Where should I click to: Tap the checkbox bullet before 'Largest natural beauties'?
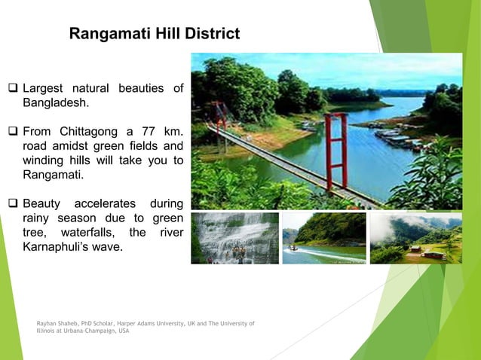(14, 89)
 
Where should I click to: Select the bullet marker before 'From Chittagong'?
(14, 133)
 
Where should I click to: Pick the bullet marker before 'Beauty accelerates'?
(14, 204)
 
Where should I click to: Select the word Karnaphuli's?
(57, 246)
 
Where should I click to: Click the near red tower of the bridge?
(336, 151)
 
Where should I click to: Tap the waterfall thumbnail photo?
(234, 237)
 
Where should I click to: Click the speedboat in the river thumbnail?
(293, 247)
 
